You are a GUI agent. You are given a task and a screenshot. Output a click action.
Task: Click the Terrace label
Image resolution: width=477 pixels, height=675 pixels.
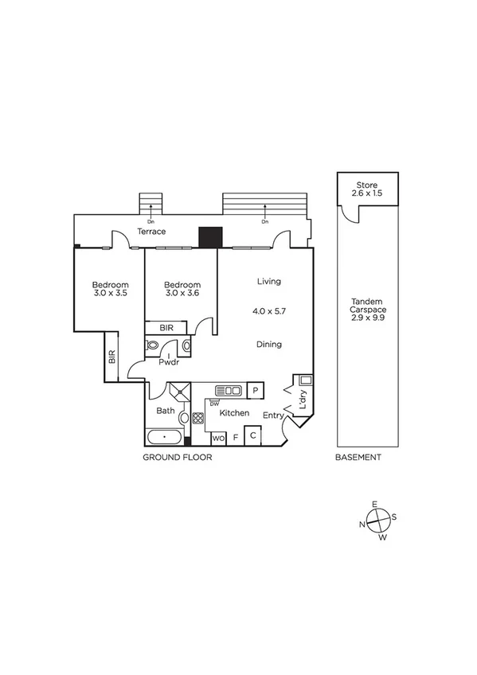[x=151, y=232]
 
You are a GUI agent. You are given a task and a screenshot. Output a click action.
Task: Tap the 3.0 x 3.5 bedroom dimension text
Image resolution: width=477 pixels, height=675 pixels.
[x=109, y=293]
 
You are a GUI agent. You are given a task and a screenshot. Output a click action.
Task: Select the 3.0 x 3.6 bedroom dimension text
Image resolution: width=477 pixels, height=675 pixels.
[x=182, y=293]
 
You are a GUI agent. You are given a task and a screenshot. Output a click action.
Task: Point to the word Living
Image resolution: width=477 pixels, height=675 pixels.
[x=269, y=282]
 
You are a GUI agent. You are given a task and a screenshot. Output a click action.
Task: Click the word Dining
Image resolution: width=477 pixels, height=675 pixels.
[x=269, y=344]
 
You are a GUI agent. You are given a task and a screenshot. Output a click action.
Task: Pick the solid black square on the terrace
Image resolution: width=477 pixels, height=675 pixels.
[x=209, y=237]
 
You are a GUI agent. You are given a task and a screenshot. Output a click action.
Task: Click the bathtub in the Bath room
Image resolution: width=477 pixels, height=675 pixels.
[x=165, y=437]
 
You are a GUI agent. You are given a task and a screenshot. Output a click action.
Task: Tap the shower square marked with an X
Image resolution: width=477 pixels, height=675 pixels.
[x=179, y=390]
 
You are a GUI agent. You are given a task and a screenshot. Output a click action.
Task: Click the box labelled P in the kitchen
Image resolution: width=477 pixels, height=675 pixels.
[x=256, y=390]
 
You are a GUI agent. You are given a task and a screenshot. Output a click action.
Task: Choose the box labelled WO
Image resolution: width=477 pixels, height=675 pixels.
[x=218, y=438]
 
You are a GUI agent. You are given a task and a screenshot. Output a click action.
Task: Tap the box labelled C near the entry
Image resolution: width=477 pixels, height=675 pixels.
[x=252, y=435]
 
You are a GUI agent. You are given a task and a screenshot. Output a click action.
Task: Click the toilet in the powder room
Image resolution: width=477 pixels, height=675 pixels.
[x=154, y=345]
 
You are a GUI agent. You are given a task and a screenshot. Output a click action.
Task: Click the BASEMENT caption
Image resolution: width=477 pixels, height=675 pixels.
[x=358, y=458]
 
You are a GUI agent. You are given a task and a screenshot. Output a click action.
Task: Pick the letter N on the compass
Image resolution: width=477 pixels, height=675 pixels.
[x=362, y=525]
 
